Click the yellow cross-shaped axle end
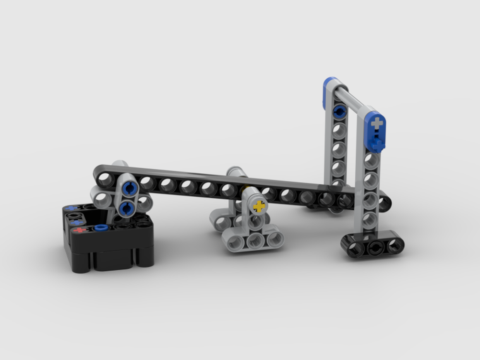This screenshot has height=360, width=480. click(259, 207)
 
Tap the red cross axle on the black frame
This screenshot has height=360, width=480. click(80, 230)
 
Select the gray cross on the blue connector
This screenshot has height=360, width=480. click(377, 123)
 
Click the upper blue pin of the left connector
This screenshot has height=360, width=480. click(128, 189)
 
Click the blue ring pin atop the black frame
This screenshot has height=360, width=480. click(100, 227)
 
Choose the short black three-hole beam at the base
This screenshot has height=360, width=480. click(372, 244)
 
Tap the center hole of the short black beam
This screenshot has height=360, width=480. click(375, 248)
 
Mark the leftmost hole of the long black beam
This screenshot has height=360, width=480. click(105, 180)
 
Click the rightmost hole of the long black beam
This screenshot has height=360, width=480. click(384, 203)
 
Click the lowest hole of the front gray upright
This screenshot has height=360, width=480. click(369, 220)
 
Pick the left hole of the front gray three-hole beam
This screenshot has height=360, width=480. click(235, 243)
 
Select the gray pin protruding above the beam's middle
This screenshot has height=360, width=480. click(236, 172)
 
